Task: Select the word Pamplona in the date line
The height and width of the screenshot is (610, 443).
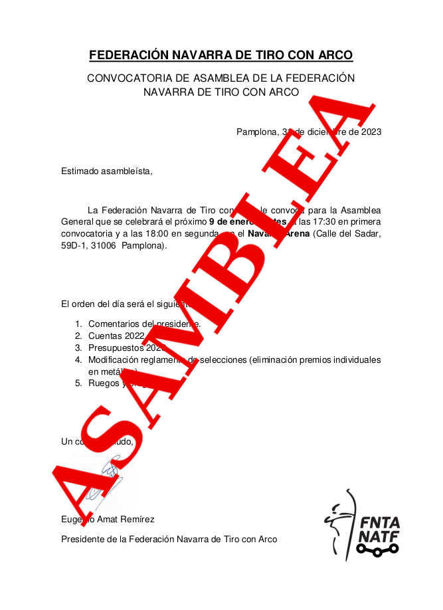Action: pyautogui.click(x=256, y=132)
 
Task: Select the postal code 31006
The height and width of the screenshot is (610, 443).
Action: pyautogui.click(x=104, y=246)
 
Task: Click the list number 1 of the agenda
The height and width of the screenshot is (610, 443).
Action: pyautogui.click(x=78, y=324)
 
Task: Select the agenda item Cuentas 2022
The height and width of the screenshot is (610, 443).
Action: pyautogui.click(x=116, y=336)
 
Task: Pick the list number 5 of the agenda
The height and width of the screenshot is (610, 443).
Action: pyautogui.click(x=78, y=383)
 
